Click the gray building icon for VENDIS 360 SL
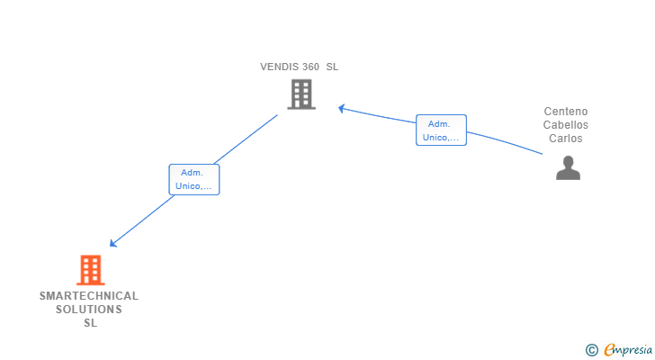(301, 94)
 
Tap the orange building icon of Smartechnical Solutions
(90, 270)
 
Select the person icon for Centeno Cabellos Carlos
(568, 168)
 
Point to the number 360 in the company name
(310, 67)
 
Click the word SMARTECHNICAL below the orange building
(89, 296)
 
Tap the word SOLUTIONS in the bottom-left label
(89, 310)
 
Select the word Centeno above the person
(566, 112)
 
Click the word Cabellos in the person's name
(566, 125)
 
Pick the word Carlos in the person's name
(566, 139)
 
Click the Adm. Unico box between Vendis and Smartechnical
(194, 180)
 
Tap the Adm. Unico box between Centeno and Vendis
(441, 130)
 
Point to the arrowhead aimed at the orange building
(112, 243)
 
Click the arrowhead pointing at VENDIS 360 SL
(341, 109)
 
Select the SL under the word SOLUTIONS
(90, 323)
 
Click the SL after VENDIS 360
(332, 67)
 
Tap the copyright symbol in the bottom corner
(591, 350)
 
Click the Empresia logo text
(628, 350)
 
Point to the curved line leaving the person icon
(505, 141)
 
